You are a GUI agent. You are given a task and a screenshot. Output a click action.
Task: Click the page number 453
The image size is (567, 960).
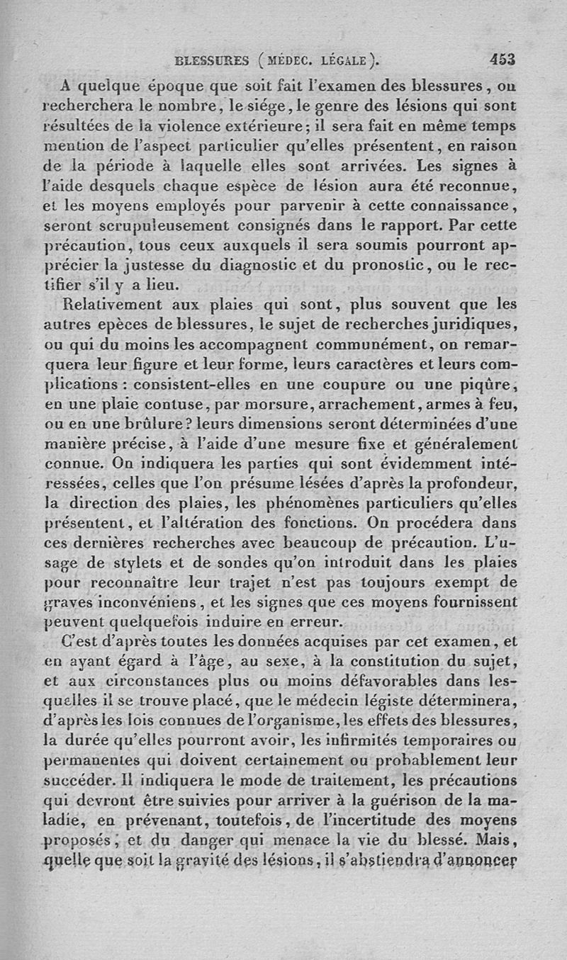click(500, 60)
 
